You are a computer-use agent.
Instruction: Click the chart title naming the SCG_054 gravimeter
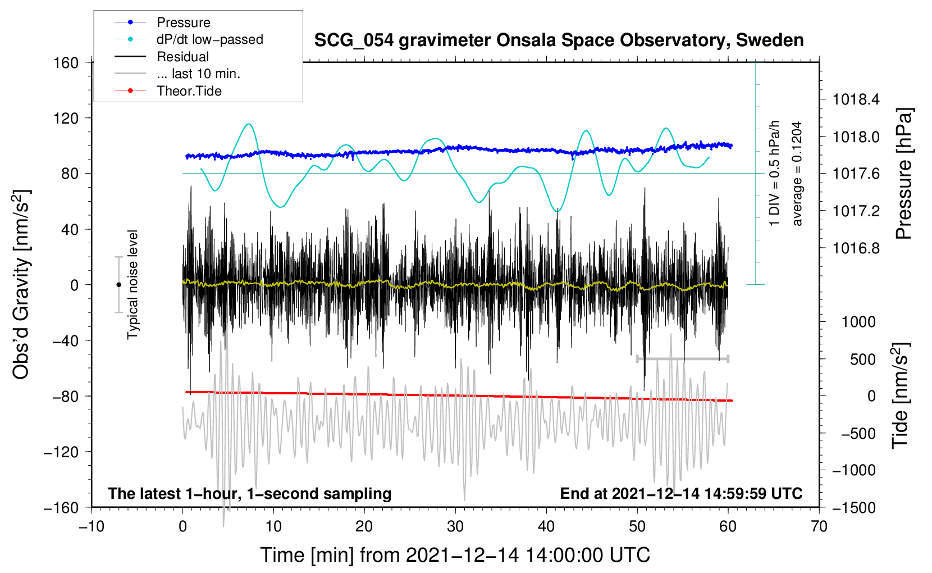pyautogui.click(x=559, y=40)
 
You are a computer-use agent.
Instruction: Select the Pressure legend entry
pyautogui.click(x=183, y=22)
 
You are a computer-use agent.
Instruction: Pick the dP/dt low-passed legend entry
pyautogui.click(x=209, y=39)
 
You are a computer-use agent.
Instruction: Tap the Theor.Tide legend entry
pyautogui.click(x=189, y=91)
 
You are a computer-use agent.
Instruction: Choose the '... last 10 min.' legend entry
pyautogui.click(x=198, y=74)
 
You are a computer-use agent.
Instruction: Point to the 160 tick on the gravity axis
pyautogui.click(x=66, y=62)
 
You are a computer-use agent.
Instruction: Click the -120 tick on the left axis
pyautogui.click(x=62, y=452)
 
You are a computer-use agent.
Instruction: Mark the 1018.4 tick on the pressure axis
pyautogui.click(x=856, y=99)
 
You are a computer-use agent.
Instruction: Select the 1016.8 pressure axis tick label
pyautogui.click(x=856, y=248)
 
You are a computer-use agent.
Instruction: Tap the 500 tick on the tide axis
pyautogui.click(x=862, y=359)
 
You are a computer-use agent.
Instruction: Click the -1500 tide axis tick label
pyautogui.click(x=853, y=507)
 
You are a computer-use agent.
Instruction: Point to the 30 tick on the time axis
pyautogui.click(x=455, y=526)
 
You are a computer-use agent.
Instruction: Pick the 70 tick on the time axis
pyautogui.click(x=819, y=526)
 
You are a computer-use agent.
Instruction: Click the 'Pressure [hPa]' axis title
pyautogui.click(x=904, y=174)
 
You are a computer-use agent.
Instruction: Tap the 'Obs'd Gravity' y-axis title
pyautogui.click(x=21, y=285)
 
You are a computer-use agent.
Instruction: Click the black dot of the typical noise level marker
pyautogui.click(x=118, y=285)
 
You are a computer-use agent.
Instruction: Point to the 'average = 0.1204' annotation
pyautogui.click(x=797, y=174)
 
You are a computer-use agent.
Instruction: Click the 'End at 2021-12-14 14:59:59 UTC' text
pyautogui.click(x=681, y=493)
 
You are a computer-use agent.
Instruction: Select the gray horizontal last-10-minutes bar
pyautogui.click(x=682, y=358)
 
